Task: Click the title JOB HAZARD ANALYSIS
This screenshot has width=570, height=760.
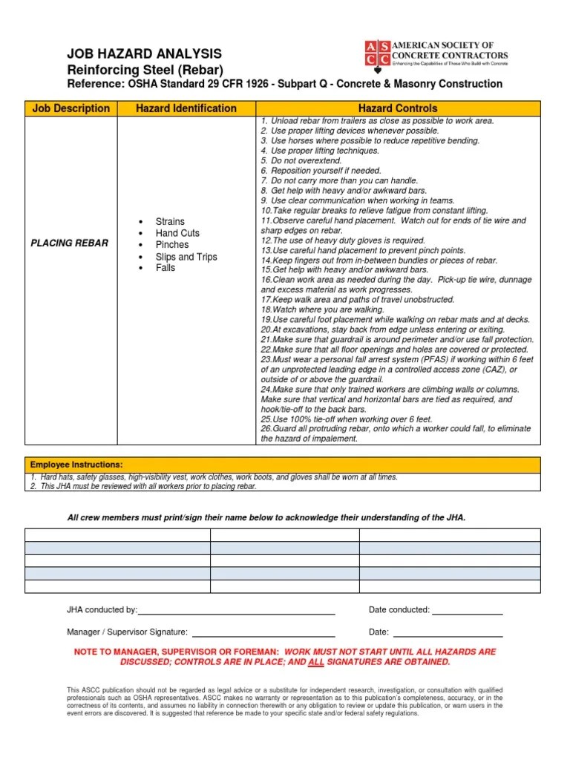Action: [x=144, y=54]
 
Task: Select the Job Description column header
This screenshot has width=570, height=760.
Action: [x=71, y=108]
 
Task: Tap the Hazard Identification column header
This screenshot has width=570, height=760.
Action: [x=186, y=108]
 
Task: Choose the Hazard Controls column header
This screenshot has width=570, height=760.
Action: [x=398, y=108]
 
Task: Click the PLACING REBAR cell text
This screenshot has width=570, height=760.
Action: [x=70, y=243]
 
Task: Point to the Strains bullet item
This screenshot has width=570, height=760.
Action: [x=170, y=222]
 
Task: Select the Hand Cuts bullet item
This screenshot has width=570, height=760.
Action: [x=177, y=233]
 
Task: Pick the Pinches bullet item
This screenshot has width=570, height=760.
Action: [x=172, y=244]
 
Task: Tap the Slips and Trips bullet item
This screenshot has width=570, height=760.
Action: [x=186, y=257]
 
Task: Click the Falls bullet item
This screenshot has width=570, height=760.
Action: [x=166, y=268]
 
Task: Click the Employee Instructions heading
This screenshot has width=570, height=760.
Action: [x=76, y=464]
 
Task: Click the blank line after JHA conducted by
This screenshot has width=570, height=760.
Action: [x=237, y=611]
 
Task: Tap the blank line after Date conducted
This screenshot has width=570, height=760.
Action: [x=468, y=611]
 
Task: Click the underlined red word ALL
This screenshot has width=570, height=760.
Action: [x=316, y=661]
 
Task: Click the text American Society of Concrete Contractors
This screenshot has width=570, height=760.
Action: [x=451, y=50]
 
